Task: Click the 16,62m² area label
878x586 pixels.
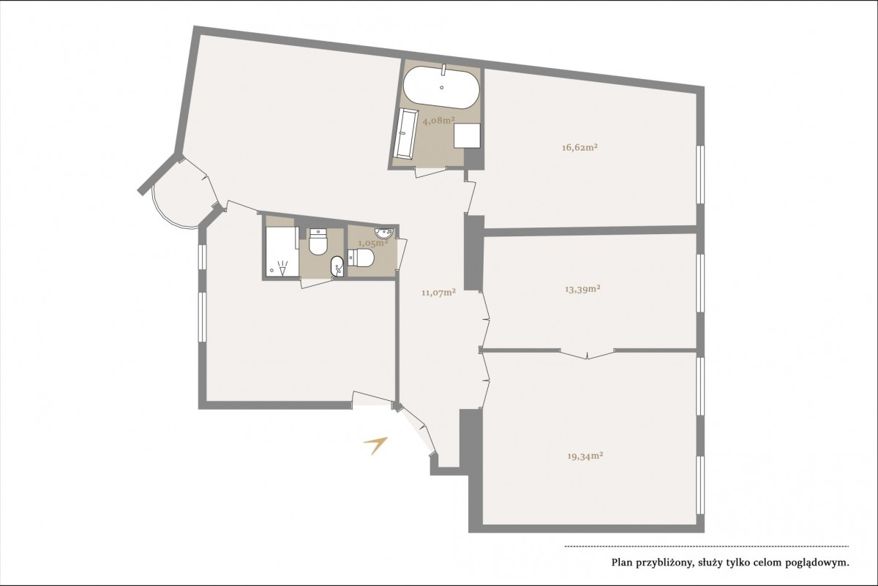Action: pyautogui.click(x=579, y=148)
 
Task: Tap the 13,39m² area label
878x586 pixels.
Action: pyautogui.click(x=583, y=289)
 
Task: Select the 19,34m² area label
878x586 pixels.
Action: pyautogui.click(x=585, y=456)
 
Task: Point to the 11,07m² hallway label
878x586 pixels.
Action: pyautogui.click(x=438, y=292)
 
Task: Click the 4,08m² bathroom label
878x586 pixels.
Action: pyautogui.click(x=438, y=120)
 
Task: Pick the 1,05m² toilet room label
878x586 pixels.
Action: pyautogui.click(x=373, y=243)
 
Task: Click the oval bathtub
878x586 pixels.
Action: pyautogui.click(x=441, y=87)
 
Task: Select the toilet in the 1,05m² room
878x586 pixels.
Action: pyautogui.click(x=361, y=258)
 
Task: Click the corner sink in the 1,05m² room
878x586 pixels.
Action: pyautogui.click(x=383, y=233)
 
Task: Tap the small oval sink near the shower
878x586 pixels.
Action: pyautogui.click(x=337, y=266)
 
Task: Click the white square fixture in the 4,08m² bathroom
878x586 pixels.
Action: pyautogui.click(x=468, y=135)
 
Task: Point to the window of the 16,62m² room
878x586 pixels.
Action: pyautogui.click(x=700, y=174)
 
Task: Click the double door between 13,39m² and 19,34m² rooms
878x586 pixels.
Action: pyautogui.click(x=587, y=353)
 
